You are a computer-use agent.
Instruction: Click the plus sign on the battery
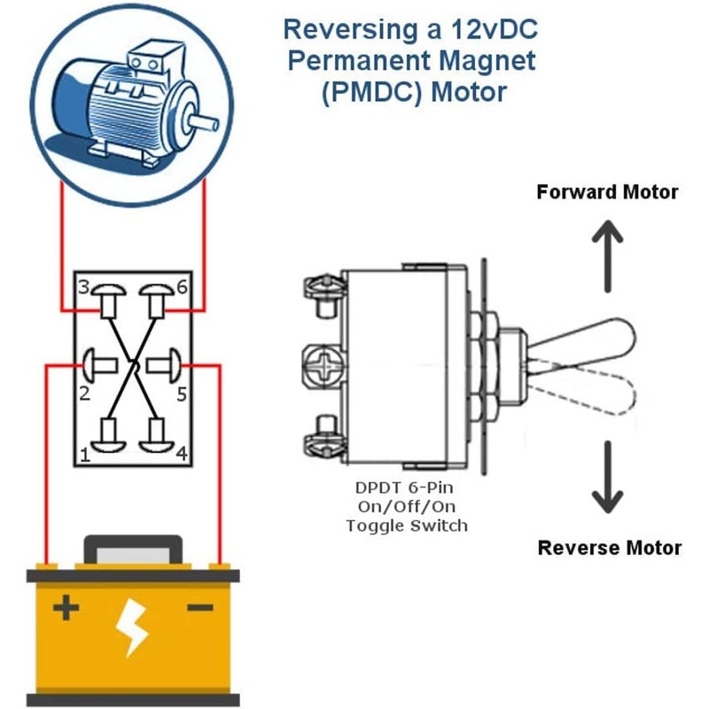pyautogui.click(x=66, y=609)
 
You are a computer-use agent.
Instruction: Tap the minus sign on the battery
pyautogui.click(x=201, y=608)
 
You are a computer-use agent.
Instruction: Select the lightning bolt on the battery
pyautogui.click(x=134, y=626)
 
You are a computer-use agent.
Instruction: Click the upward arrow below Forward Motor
pyautogui.click(x=607, y=257)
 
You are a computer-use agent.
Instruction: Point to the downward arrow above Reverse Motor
pyautogui.click(x=607, y=479)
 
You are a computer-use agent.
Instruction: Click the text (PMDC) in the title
pyautogui.click(x=365, y=91)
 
